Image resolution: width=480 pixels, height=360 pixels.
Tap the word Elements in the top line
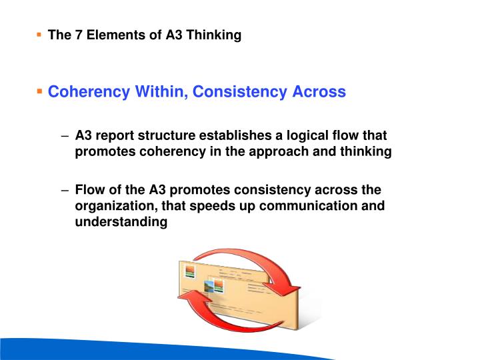click(x=109, y=35)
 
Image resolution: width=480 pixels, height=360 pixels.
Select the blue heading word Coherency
click(x=90, y=91)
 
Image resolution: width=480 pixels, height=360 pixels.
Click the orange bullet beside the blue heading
click(x=41, y=90)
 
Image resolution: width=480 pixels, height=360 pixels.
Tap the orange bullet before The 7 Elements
click(x=40, y=33)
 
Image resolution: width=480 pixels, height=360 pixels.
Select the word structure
click(x=169, y=136)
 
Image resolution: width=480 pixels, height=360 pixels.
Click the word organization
click(x=113, y=206)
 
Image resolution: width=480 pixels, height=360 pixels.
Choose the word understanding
click(x=121, y=222)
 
